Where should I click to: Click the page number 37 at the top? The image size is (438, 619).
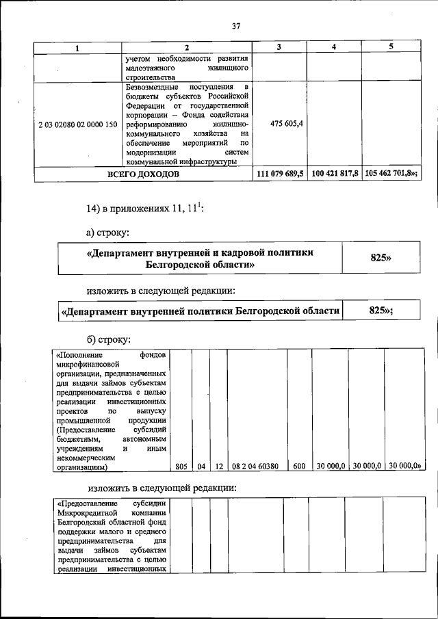tap(235, 26)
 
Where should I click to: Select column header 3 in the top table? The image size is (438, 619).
tap(279, 47)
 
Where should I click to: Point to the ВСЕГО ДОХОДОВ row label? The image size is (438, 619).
tap(143, 174)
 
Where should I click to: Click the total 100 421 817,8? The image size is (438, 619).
tap(334, 174)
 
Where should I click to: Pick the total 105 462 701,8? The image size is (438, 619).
tap(388, 174)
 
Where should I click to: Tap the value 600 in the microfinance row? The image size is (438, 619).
tap(298, 466)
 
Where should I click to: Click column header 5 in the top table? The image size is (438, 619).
tap(389, 47)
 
